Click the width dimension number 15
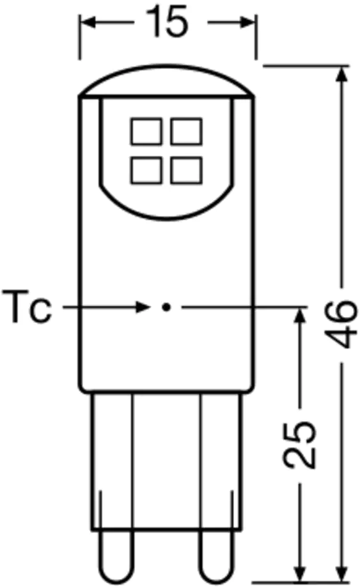pyautogui.click(x=168, y=22)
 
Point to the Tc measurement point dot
pyautogui.click(x=166, y=307)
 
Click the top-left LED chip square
pyautogui.click(x=145, y=132)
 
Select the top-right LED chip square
pyautogui.click(x=187, y=132)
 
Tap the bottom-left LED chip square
pyautogui.click(x=145, y=169)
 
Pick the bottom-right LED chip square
pyautogui.click(x=187, y=169)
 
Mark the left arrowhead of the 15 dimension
pyautogui.click(x=88, y=23)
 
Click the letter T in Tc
pyautogui.click(x=17, y=308)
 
